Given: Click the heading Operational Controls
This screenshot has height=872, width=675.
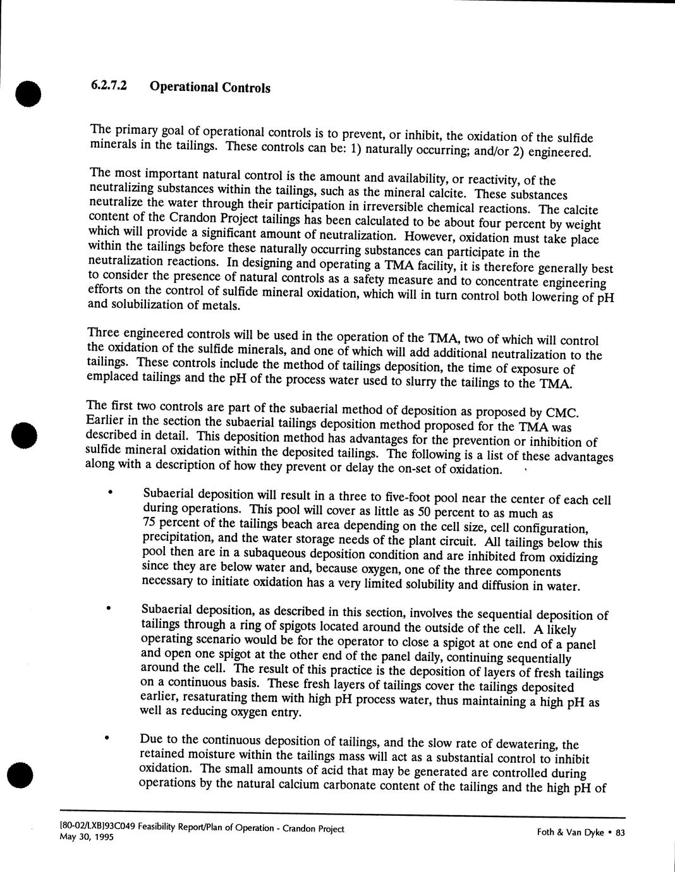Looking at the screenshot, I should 210,87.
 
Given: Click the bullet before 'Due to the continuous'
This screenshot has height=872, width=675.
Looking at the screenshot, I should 107,737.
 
